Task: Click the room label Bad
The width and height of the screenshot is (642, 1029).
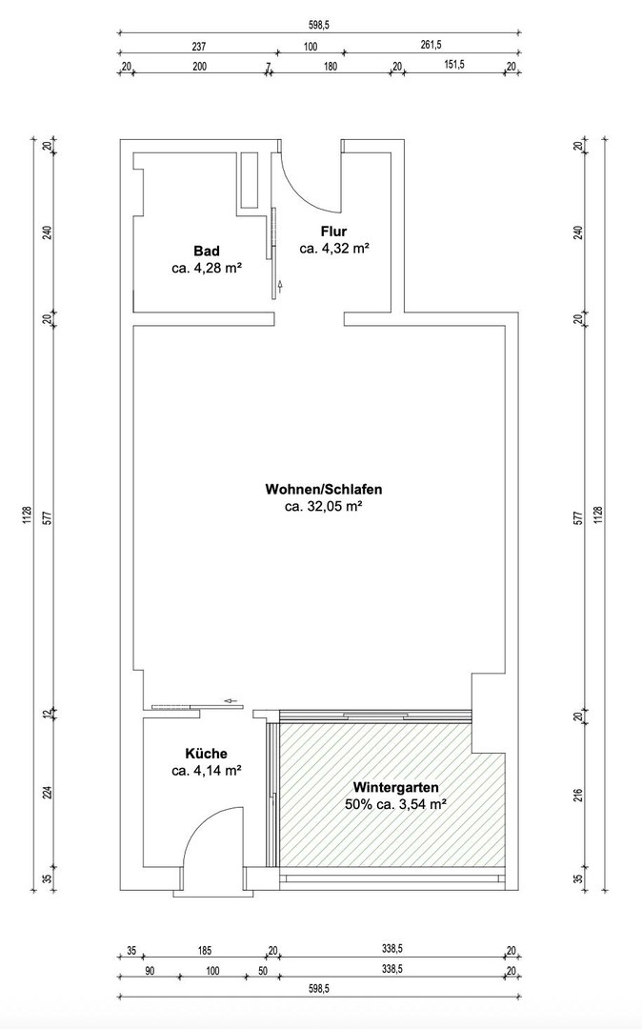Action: [206, 251]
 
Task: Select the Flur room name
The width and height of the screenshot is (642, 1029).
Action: [333, 232]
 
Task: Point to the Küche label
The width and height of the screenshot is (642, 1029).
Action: [206, 753]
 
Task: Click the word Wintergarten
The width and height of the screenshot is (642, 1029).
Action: [395, 788]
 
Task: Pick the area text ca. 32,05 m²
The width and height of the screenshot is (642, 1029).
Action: [324, 507]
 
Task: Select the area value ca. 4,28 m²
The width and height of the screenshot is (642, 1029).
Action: [206, 269]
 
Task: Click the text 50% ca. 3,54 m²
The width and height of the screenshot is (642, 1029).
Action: [395, 805]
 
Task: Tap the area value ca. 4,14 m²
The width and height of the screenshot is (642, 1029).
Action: [206, 770]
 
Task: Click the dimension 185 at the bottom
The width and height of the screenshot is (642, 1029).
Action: [204, 951]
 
